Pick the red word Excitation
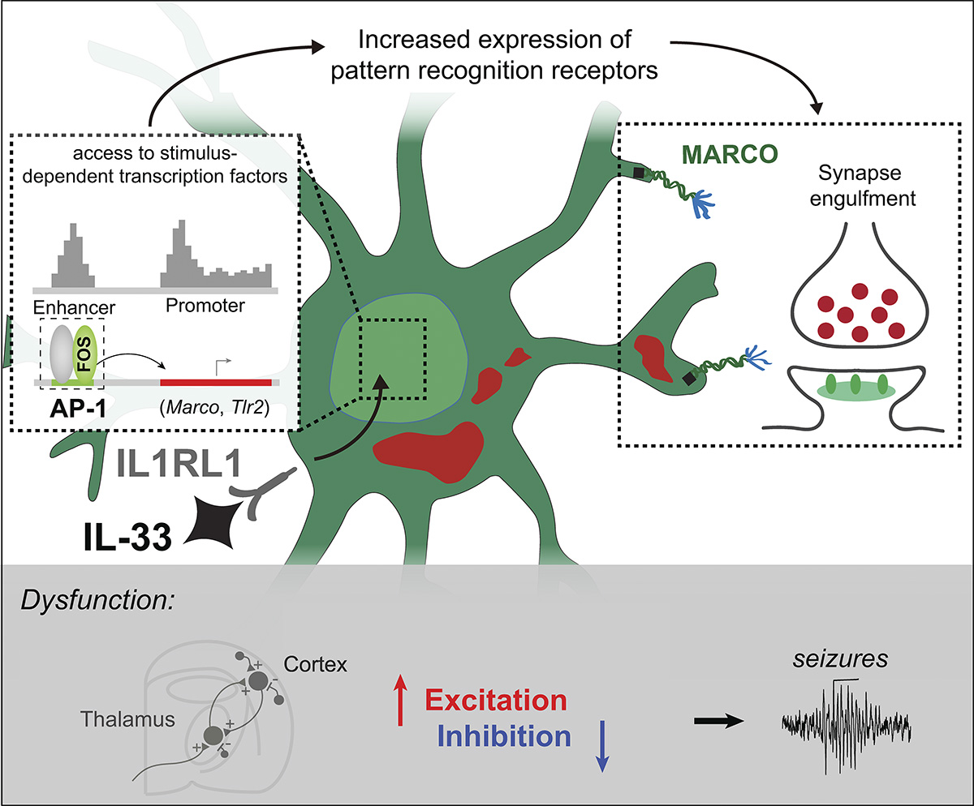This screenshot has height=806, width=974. [x=496, y=701]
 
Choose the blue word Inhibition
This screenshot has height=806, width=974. [x=503, y=736]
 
